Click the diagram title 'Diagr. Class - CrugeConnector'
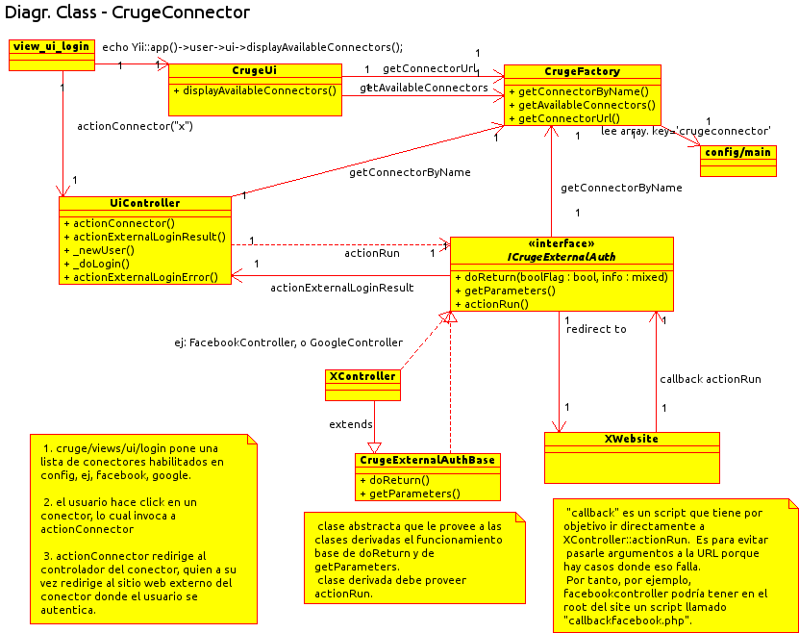(x=127, y=13)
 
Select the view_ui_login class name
(x=51, y=46)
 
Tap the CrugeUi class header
(x=255, y=70)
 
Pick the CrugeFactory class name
(x=582, y=71)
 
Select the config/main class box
(x=737, y=153)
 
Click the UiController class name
(x=144, y=203)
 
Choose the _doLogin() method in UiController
(x=100, y=263)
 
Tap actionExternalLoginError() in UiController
(x=144, y=277)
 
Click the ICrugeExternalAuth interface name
(x=562, y=257)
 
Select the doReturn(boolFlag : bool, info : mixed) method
(x=562, y=277)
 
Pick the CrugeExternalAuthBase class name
(x=427, y=460)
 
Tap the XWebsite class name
(x=631, y=439)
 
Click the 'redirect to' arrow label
(x=596, y=329)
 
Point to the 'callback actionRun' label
(x=711, y=379)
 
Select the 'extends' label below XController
(x=350, y=424)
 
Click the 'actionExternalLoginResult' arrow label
(x=341, y=287)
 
